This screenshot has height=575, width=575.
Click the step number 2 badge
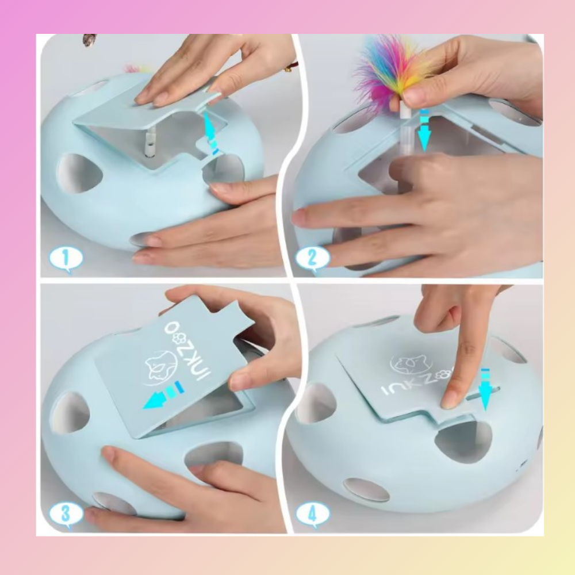click(312, 259)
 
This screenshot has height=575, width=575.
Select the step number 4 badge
click(312, 513)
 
